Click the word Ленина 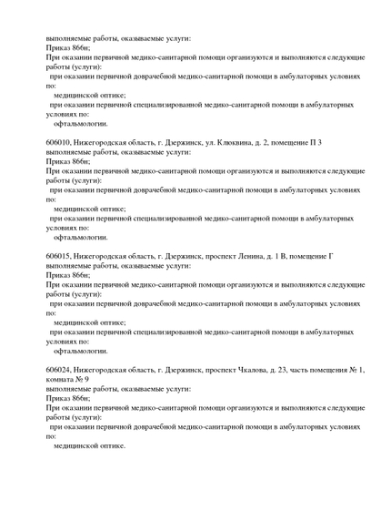coord(254,256)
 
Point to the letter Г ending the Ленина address coord(330,256)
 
